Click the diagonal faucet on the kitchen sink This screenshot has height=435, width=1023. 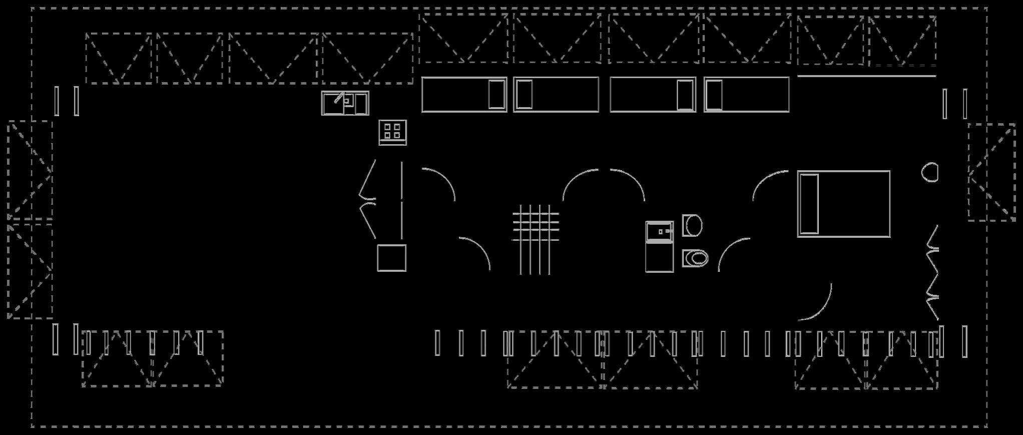pyautogui.click(x=339, y=97)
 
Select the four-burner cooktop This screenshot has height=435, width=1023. pyautogui.click(x=392, y=133)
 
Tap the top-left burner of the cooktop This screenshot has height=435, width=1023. pyautogui.click(x=387, y=127)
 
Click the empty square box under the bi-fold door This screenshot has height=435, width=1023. pyautogui.click(x=391, y=258)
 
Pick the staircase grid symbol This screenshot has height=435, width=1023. pyautogui.click(x=536, y=239)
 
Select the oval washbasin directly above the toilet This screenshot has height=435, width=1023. pyautogui.click(x=693, y=226)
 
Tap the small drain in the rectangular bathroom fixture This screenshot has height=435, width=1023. pyautogui.click(x=661, y=232)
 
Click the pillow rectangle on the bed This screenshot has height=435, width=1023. pyautogui.click(x=809, y=204)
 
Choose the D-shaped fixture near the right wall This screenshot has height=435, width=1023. pyautogui.click(x=930, y=173)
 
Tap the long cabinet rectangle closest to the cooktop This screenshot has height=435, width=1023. pyautogui.click(x=463, y=95)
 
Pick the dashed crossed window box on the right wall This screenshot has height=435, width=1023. pyautogui.click(x=991, y=172)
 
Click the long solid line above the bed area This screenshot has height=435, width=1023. pyautogui.click(x=866, y=76)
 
